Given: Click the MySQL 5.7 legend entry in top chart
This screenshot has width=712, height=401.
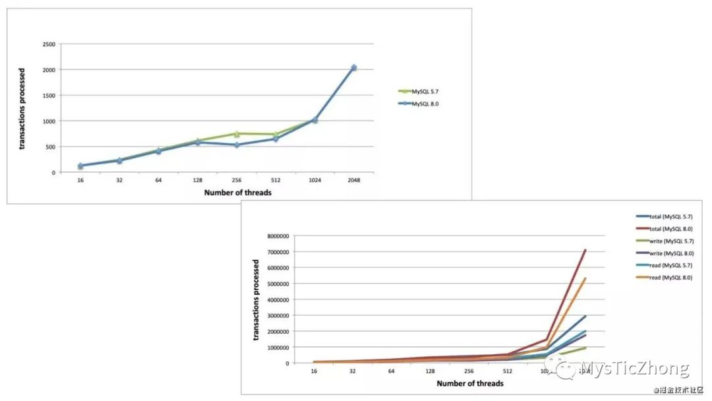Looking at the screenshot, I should pyautogui.click(x=422, y=92).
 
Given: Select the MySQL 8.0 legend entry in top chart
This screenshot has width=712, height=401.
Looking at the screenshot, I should pyautogui.click(x=422, y=104).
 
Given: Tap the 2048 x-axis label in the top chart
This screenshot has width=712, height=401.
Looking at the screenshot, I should pyautogui.click(x=353, y=179).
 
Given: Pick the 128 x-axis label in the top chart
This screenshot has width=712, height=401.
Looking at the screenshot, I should pyautogui.click(x=197, y=179).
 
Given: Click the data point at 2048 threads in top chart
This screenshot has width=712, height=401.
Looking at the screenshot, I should pyautogui.click(x=353, y=68).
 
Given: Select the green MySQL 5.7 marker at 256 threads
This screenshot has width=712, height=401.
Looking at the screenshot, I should pyautogui.click(x=237, y=134).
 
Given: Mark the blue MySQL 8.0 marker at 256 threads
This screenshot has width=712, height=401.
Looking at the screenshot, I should pyautogui.click(x=237, y=144).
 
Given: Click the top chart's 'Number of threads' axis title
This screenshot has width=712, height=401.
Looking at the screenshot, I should pyautogui.click(x=237, y=193).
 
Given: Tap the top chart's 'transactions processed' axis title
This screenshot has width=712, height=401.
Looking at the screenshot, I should pyautogui.click(x=22, y=108).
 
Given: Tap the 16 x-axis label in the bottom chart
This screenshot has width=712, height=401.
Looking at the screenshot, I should pyautogui.click(x=314, y=371).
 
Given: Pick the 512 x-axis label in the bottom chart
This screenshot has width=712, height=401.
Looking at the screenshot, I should pyautogui.click(x=508, y=371).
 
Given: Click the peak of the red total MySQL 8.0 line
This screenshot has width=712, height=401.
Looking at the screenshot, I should pyautogui.click(x=585, y=250).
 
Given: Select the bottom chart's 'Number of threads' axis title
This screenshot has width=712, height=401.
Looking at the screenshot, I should pyautogui.click(x=470, y=383).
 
